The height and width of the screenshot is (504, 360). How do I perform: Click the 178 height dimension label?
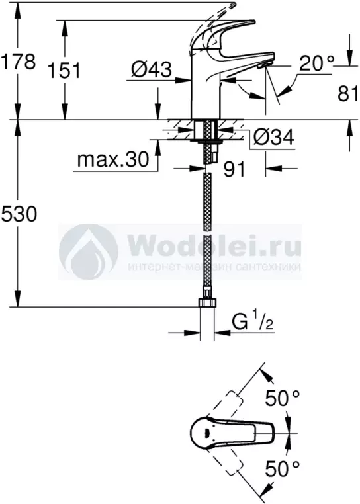tap(18, 62)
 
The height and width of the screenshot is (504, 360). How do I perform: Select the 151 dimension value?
tap(64, 71)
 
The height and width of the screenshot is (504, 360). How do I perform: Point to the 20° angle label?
tap(316, 63)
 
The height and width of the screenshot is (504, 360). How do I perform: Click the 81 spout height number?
tap(348, 94)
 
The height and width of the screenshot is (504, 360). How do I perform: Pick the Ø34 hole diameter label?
tap(274, 138)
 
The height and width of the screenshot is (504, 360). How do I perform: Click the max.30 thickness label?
tap(113, 159)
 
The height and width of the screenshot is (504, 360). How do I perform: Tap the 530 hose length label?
tap(19, 214)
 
